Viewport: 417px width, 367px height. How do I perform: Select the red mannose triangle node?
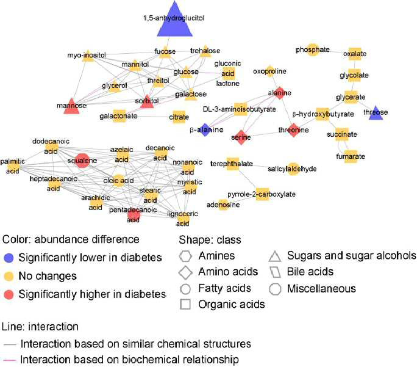pos(71,106)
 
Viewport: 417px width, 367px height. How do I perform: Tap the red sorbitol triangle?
pos(147,102)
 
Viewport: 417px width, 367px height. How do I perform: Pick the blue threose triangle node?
pos(376,114)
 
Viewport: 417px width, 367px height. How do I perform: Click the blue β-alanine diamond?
pos(205,130)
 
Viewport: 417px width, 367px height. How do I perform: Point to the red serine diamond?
pos(241,137)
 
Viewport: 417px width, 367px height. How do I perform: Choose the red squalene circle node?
pos(82,161)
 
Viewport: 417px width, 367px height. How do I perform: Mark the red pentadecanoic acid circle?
pos(134,215)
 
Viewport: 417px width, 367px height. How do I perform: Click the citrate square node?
pos(179,117)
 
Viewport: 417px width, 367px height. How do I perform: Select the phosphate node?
pos(313,50)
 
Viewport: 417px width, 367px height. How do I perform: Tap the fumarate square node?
pos(351,156)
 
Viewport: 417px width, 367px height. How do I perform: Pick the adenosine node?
pos(223,205)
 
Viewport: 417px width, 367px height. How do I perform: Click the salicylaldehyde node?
pos(293,169)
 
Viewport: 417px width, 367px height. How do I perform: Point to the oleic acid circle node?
pos(119,181)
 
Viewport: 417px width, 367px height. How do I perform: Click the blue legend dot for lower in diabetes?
pos(9,258)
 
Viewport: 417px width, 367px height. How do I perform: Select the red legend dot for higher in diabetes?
pos(9,294)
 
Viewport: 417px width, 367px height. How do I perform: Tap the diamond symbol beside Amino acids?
pos(185,272)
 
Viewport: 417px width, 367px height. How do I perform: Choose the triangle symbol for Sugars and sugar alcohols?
pos(275,257)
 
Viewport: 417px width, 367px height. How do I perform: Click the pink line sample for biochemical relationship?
pos(10,360)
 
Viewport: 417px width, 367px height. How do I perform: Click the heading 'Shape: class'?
pos(210,240)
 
